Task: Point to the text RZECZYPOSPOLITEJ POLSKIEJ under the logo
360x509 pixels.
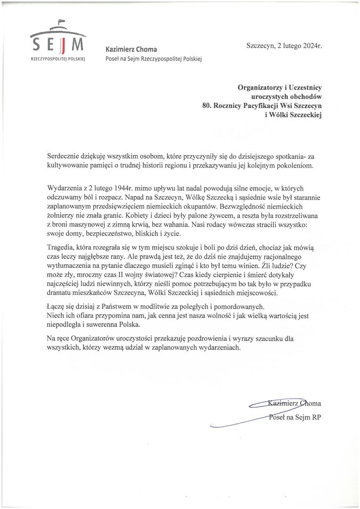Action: click(57, 61)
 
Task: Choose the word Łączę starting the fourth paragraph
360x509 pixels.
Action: click(57, 306)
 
